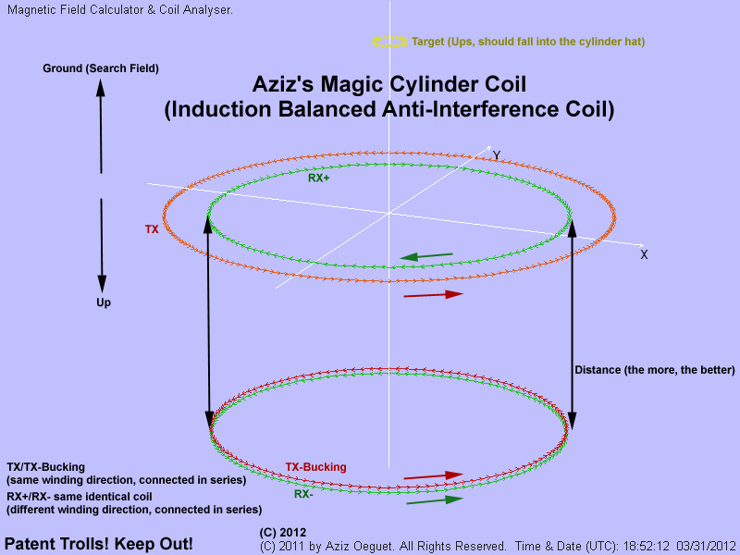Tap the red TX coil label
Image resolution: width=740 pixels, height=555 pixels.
(152, 229)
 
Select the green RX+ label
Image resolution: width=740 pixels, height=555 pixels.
(318, 178)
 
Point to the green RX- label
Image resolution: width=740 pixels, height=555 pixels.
(303, 494)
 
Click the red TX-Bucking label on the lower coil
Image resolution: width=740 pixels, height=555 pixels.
(315, 467)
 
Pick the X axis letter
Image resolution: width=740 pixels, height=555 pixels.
(644, 255)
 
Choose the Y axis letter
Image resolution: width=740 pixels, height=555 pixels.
(497, 155)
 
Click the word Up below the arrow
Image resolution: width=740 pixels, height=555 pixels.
(104, 302)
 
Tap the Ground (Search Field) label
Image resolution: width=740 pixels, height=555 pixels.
(101, 68)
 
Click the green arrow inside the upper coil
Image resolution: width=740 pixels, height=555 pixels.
(426, 256)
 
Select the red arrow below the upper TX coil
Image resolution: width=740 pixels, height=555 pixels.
(433, 295)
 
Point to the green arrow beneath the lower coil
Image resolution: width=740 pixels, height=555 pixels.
(435, 500)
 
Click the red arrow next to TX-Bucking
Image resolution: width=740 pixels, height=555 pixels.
(433, 476)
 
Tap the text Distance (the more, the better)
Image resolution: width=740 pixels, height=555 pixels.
(655, 370)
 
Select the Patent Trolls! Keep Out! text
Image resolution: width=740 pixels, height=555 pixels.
(99, 544)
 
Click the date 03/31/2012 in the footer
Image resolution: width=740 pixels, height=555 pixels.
(706, 546)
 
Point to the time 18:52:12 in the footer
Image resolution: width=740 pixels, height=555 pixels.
(646, 546)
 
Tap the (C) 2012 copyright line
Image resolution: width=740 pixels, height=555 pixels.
(283, 533)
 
